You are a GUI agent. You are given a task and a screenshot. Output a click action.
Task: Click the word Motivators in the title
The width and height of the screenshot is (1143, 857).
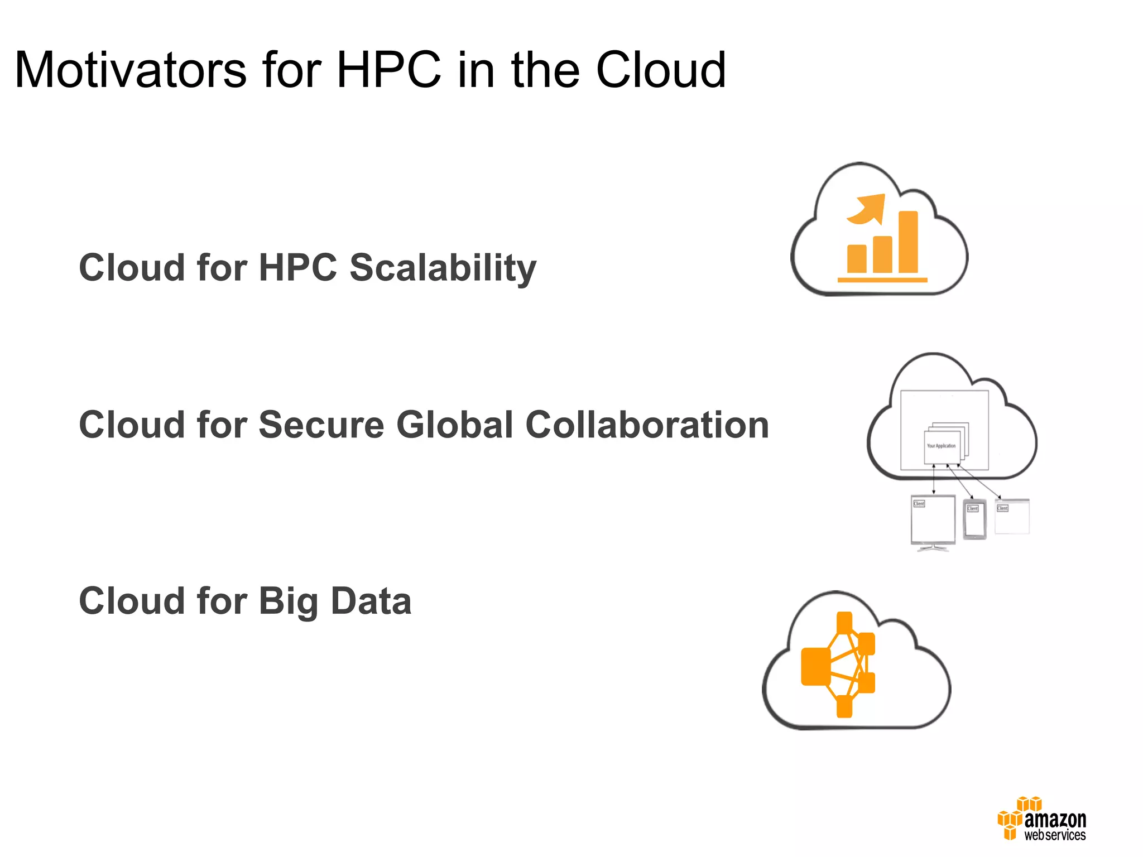[131, 70]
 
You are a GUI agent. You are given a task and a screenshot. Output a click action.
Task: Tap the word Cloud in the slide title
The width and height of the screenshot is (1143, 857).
[661, 70]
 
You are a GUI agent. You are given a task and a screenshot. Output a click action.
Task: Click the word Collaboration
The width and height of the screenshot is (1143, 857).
[647, 425]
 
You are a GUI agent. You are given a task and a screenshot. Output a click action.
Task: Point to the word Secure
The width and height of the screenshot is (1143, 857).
[321, 425]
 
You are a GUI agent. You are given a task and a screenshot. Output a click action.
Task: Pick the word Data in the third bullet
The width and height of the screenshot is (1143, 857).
[371, 601]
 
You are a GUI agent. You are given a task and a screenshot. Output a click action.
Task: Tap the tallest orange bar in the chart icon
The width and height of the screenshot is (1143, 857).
[908, 242]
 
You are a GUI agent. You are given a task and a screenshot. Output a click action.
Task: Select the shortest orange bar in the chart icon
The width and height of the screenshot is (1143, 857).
[857, 258]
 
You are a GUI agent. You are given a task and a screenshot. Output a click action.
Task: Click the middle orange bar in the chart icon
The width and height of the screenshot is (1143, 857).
[882, 254]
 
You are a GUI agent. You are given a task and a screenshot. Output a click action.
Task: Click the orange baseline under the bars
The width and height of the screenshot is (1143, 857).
[882, 280]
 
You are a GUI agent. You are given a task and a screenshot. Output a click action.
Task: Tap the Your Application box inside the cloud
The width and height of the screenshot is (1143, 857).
[942, 446]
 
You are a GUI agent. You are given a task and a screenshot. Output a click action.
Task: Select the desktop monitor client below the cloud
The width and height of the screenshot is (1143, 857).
[933, 520]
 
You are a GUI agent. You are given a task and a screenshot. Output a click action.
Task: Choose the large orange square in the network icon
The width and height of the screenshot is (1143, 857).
[816, 666]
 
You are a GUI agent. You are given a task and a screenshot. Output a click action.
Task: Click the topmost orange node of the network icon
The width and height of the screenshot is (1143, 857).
[844, 622]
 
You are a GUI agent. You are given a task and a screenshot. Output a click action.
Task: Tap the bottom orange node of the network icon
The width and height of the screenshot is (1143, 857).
[844, 706]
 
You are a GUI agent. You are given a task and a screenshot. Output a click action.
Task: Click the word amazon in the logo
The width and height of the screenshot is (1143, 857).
[1055, 820]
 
